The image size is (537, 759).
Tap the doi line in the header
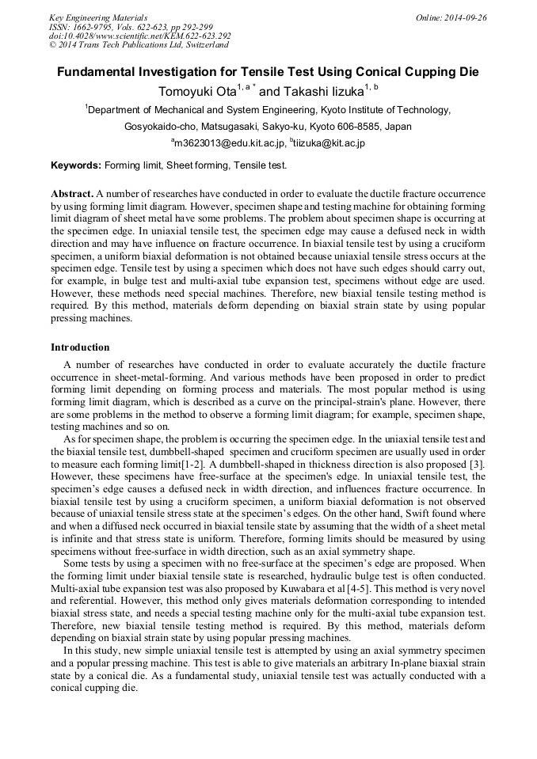139,36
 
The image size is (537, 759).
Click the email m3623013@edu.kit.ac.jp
228,144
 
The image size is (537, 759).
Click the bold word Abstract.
71,194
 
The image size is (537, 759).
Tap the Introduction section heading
80,347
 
